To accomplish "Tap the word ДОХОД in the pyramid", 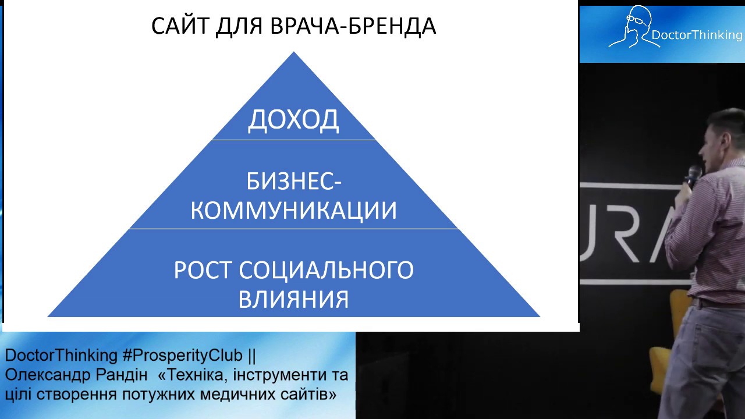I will click(x=293, y=120).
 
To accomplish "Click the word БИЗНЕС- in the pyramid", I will click(x=293, y=182).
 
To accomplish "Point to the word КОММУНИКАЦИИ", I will click(x=293, y=210).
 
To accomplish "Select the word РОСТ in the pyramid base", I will click(x=203, y=271).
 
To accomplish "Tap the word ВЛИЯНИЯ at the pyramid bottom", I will click(x=293, y=299).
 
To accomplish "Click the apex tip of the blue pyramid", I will click(x=294, y=53).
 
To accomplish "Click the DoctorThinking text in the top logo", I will click(x=697, y=35).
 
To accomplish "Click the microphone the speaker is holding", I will click(x=693, y=175).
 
